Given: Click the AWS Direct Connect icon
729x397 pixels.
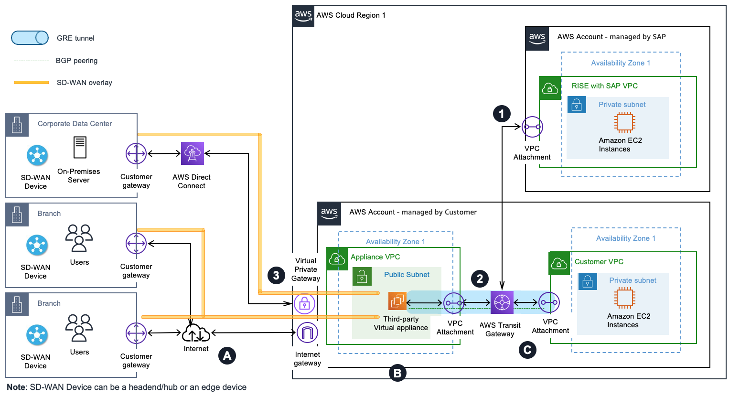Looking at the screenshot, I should coord(192,153).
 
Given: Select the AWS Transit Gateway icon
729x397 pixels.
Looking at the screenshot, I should coord(502,302).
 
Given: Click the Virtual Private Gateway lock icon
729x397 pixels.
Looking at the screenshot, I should coord(304,303).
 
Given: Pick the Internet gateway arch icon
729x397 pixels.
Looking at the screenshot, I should coord(307,333).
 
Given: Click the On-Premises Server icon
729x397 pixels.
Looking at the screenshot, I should coord(80,147).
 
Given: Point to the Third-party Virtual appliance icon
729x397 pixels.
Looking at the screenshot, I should coord(397,301).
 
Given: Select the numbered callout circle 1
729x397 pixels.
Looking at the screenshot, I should coord(502,114).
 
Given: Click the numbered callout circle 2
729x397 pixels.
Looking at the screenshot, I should coord(480,279).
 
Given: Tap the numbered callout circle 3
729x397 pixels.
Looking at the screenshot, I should coord(276,275).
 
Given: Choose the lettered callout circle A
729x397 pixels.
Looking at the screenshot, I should coord(227,355).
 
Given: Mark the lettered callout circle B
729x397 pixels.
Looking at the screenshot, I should coord(397,373).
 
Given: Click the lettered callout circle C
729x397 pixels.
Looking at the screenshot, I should coord(527,350).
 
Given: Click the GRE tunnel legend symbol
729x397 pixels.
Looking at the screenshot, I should coord(30,38).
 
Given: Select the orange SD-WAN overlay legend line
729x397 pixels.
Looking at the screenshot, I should coord(32,83).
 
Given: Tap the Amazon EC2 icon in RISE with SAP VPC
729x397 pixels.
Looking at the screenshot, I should coord(624,122).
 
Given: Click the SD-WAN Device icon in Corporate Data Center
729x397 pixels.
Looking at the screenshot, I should coord(37,155).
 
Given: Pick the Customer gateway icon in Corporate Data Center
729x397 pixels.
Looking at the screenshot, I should coord(136,154).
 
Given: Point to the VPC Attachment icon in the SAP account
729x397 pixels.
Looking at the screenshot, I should coord(532,127).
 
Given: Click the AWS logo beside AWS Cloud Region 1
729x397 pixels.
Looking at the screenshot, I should coord(303,15).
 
